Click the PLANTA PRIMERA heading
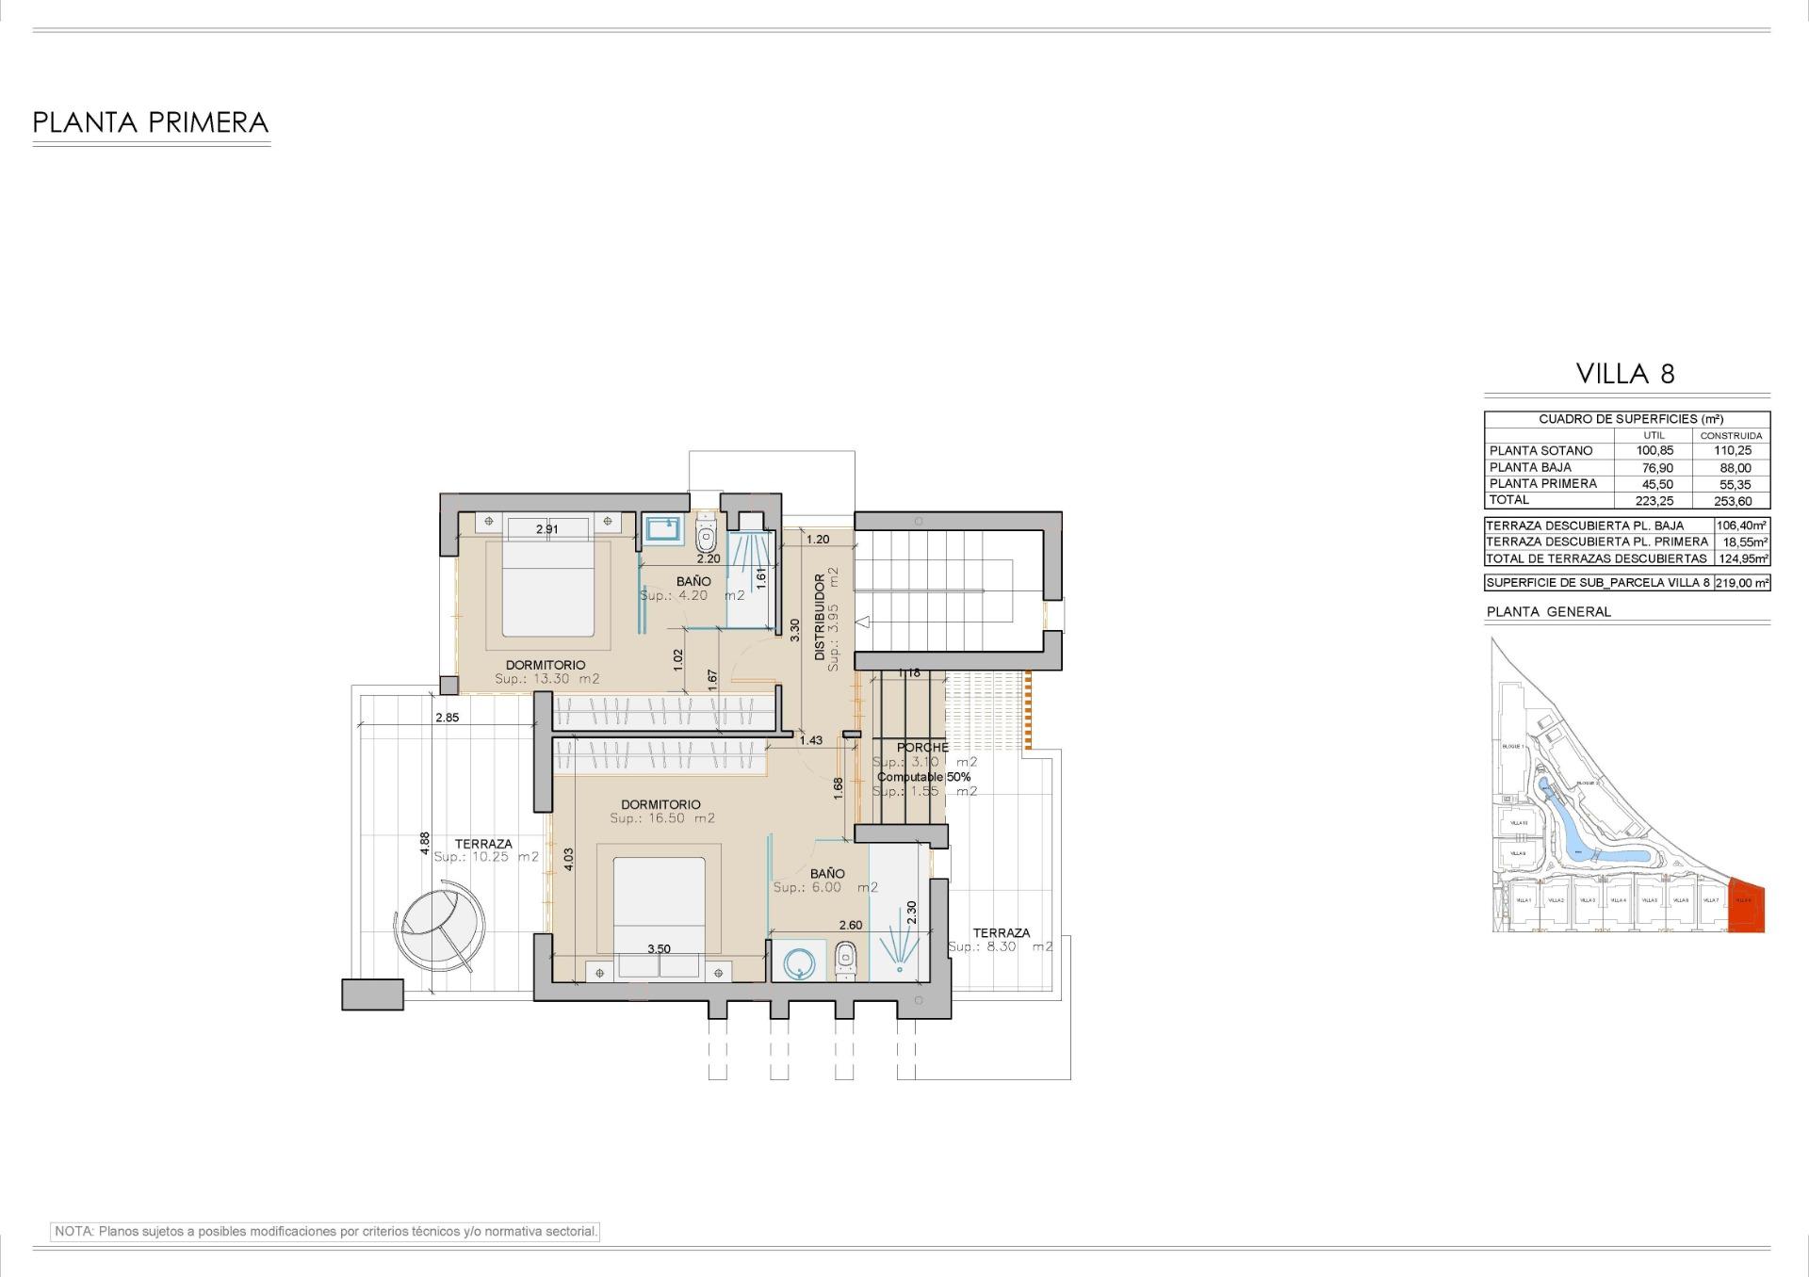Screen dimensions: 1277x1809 point(151,123)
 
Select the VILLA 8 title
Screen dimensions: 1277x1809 point(1625,374)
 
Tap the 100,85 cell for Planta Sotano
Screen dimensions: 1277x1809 point(1654,451)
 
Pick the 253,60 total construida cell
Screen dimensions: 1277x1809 point(1732,501)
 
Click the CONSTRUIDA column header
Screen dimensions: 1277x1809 point(1731,436)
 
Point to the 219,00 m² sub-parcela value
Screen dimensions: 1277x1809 point(1742,583)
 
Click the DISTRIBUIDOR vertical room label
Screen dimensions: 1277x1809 point(820,617)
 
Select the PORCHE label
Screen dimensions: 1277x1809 point(922,748)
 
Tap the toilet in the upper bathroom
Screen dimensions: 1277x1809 point(706,536)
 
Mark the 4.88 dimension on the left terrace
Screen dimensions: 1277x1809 point(425,841)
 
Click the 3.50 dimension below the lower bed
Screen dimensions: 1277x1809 point(659,949)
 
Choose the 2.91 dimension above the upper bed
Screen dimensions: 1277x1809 point(546,529)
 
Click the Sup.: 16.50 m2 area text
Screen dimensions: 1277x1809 point(661,818)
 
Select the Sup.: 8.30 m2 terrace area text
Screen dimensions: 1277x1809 point(1000,946)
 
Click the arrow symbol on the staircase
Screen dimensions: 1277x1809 point(862,622)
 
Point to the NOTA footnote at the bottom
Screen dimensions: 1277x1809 point(326,1231)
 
